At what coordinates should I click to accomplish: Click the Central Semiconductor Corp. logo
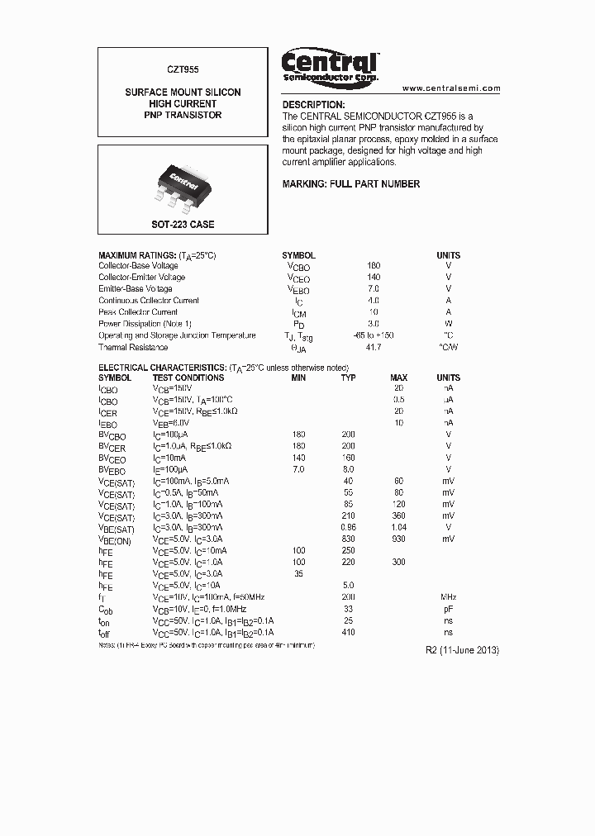tap(330, 65)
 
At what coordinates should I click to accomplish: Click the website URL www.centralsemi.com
tap(451, 88)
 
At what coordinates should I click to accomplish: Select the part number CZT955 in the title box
tap(183, 71)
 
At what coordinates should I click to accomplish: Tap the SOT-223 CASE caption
tap(183, 225)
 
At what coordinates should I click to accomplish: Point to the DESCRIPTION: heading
tap(313, 106)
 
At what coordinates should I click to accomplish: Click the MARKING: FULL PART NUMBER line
tap(351, 184)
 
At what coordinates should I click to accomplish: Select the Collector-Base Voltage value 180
tap(373, 266)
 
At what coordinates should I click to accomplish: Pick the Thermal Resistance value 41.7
tap(373, 347)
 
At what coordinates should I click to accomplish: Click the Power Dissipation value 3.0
tap(373, 324)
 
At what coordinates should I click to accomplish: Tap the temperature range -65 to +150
tap(373, 335)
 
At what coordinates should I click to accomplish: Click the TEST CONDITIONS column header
tap(188, 378)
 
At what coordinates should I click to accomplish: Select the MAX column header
tap(398, 378)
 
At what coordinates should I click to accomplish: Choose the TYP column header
tap(349, 378)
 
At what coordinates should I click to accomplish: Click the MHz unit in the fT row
tap(448, 596)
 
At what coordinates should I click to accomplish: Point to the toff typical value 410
tap(349, 631)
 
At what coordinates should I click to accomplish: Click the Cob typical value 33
tap(349, 608)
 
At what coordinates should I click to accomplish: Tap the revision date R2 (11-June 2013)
tap(462, 650)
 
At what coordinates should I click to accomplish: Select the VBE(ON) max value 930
tap(398, 539)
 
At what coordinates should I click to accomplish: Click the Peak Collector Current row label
tap(138, 312)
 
